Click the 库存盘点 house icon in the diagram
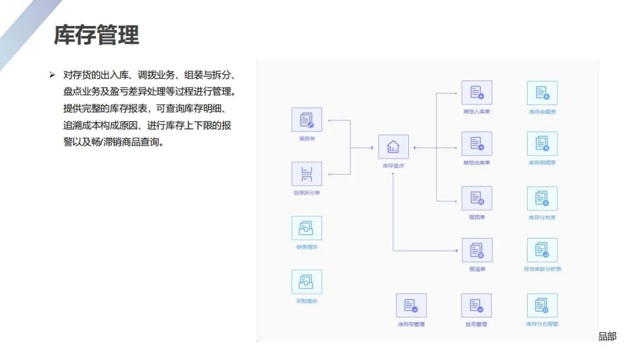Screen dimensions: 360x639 click(x=393, y=147)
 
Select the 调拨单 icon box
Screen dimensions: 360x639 click(x=306, y=120)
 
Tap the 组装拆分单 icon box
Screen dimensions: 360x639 click(x=306, y=174)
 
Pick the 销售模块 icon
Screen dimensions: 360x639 click(x=306, y=228)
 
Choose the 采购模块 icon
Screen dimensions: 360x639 click(x=306, y=282)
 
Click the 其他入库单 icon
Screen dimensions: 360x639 click(x=477, y=93)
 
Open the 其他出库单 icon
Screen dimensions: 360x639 click(x=477, y=144)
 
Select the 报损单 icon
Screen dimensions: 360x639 click(x=477, y=198)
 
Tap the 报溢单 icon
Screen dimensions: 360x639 click(x=477, y=250)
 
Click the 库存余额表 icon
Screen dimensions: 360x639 click(x=542, y=93)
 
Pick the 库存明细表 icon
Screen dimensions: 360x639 click(x=542, y=144)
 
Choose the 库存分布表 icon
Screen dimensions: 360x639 click(x=542, y=199)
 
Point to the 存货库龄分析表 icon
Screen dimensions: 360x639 click(x=542, y=250)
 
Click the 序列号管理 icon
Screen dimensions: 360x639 click(x=411, y=306)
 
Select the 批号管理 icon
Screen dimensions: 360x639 click(x=477, y=306)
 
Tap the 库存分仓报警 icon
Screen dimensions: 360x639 click(x=542, y=306)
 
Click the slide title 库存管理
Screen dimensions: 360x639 click(x=96, y=35)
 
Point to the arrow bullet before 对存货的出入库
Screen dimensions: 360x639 click(x=52, y=75)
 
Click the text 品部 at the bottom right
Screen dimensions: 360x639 click(x=607, y=336)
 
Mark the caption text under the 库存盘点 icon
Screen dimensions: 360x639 click(x=393, y=166)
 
